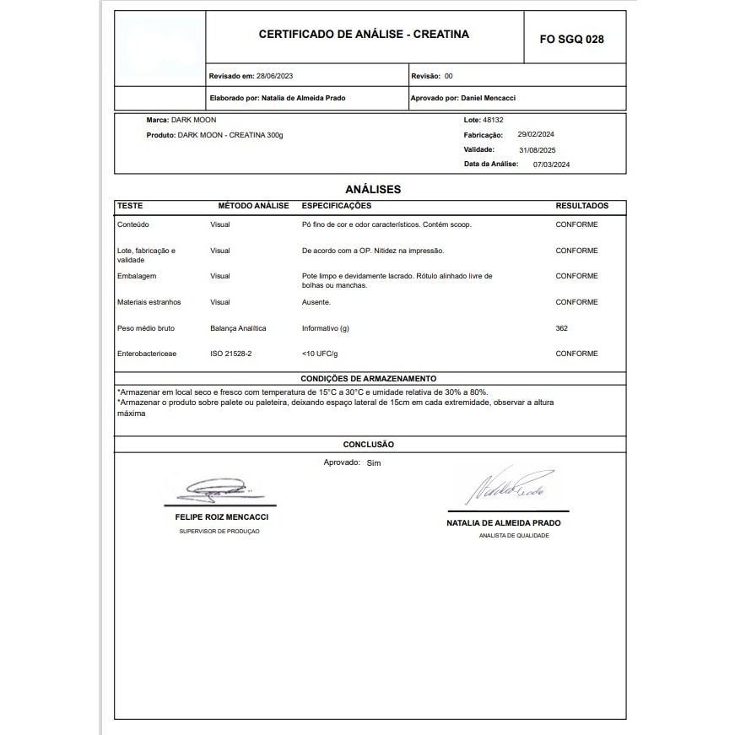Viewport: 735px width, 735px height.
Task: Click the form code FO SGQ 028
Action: click(x=571, y=39)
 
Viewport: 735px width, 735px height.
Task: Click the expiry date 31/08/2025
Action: click(x=538, y=149)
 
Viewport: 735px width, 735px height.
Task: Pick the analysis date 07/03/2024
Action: click(x=552, y=165)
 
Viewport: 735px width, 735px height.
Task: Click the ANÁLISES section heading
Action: click(x=373, y=189)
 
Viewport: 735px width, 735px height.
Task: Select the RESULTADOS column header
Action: click(x=581, y=206)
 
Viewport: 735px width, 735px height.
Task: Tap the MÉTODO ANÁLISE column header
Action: click(x=253, y=206)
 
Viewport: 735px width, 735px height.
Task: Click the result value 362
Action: click(x=562, y=328)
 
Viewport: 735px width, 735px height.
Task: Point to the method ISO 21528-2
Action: click(x=230, y=354)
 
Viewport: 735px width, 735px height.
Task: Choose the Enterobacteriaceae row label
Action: click(x=147, y=354)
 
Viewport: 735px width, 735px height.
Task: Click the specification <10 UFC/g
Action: click(x=320, y=354)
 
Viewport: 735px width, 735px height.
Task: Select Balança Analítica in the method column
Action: click(x=238, y=328)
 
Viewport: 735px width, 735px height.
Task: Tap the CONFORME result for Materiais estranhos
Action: click(x=576, y=302)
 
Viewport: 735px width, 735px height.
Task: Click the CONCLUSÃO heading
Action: click(x=368, y=444)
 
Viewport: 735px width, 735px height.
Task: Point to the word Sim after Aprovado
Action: click(x=374, y=463)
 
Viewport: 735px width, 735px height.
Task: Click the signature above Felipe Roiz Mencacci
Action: click(x=218, y=488)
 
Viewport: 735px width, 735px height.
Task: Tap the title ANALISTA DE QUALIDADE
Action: click(x=513, y=536)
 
